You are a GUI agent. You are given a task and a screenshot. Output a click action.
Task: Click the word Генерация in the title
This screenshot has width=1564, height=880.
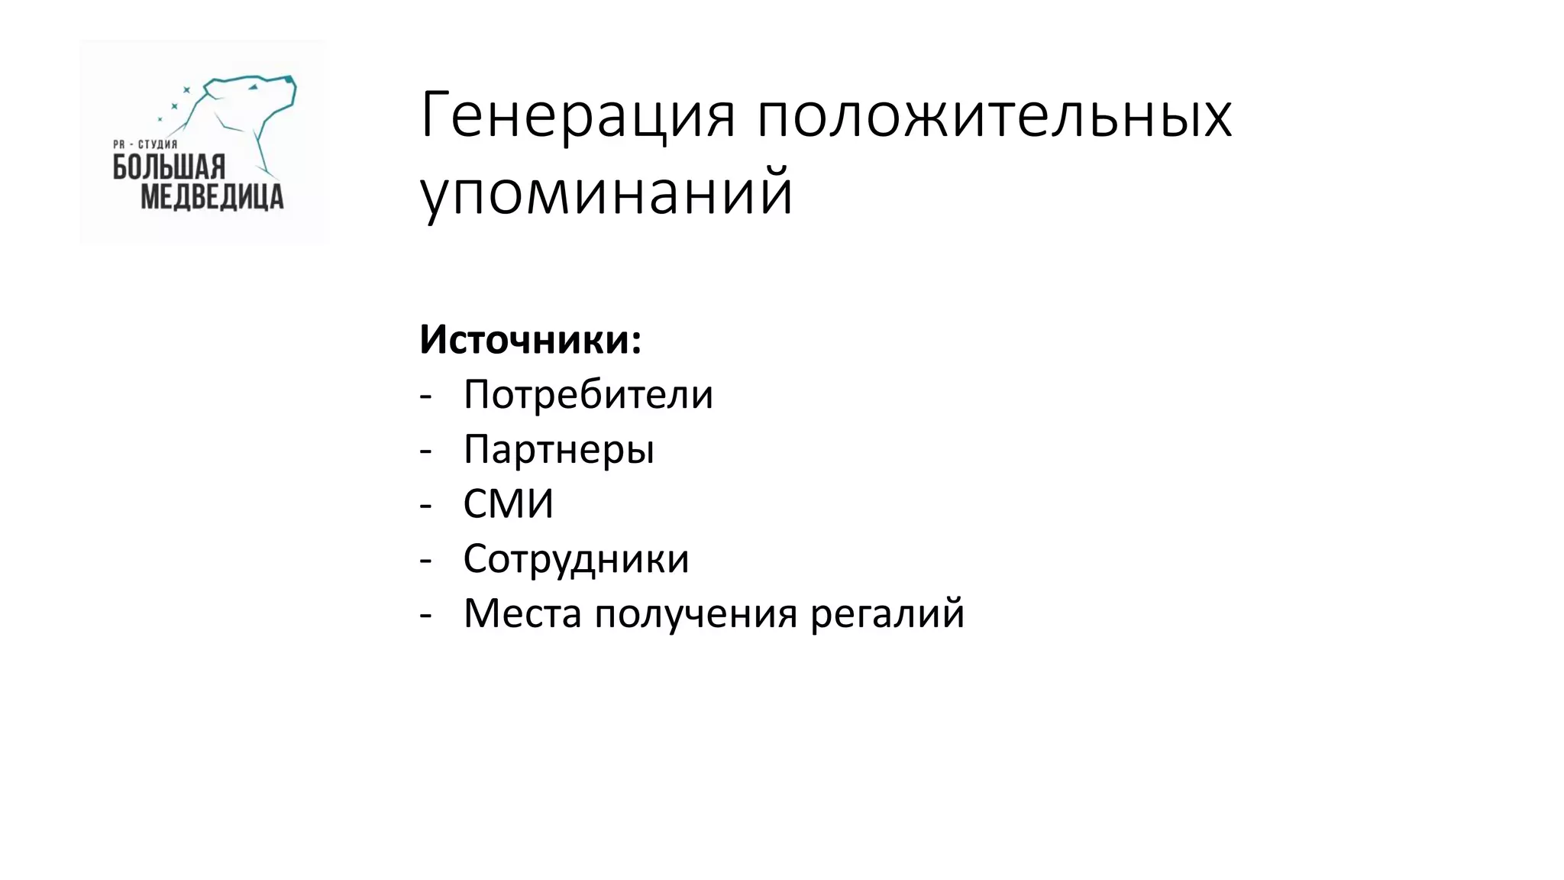[x=577, y=116]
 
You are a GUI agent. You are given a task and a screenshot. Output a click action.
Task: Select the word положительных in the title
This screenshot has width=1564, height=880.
[x=994, y=116]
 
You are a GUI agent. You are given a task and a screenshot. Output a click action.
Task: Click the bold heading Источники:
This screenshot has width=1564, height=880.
[x=530, y=340]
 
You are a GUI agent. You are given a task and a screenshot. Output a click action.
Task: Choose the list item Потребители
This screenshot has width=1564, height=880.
[x=588, y=395]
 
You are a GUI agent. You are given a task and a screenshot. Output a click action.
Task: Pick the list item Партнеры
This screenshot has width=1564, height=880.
[x=559, y=449]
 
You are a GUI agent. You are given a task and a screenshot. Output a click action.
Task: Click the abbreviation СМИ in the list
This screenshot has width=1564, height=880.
[x=509, y=504]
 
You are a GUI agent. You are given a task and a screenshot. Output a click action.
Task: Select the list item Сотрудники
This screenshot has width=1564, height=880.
[x=576, y=558]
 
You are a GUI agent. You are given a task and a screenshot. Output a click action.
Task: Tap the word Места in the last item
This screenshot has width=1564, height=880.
[x=522, y=613]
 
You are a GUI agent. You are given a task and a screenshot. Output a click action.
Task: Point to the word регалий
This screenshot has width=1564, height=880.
[x=887, y=613]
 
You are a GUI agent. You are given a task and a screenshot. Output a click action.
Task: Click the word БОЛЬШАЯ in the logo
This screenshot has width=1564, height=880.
[x=169, y=167]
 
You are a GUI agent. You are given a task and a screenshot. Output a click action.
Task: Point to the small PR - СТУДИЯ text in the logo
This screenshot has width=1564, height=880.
[x=145, y=144]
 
